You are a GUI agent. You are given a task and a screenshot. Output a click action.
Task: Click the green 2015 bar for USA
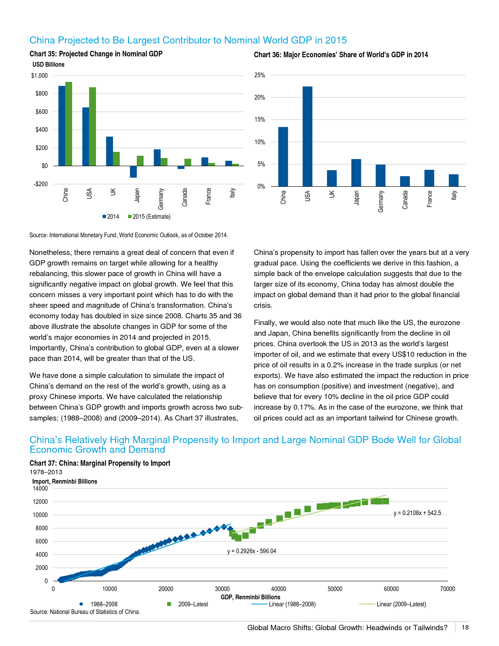[92, 126]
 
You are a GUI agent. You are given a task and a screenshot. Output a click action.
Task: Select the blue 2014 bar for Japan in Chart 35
[133, 171]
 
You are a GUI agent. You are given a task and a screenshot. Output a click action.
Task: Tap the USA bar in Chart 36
[307, 136]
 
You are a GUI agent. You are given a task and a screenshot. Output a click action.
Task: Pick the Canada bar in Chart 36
[405, 181]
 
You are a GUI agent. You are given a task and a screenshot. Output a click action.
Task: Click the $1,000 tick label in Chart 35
[39, 76]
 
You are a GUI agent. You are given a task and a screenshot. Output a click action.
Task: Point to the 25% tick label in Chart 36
[259, 75]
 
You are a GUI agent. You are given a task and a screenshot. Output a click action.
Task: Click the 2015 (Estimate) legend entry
[149, 216]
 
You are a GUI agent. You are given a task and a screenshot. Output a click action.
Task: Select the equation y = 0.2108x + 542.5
[417, 513]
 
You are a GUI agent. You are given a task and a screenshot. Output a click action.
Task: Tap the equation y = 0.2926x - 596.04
[252, 551]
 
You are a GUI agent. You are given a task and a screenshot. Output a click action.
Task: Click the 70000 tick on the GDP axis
[447, 589]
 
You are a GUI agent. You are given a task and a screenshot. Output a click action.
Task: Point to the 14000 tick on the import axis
[40, 488]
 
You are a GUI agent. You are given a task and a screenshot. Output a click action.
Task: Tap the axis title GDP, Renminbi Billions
[250, 597]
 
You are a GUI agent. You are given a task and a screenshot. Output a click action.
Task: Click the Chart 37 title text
[100, 463]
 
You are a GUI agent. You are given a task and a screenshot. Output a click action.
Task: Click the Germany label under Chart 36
[381, 201]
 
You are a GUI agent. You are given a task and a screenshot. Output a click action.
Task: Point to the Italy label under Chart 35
[233, 193]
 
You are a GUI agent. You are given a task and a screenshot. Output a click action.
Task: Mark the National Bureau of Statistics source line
[85, 612]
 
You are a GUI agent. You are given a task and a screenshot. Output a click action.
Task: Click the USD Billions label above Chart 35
[48, 65]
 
